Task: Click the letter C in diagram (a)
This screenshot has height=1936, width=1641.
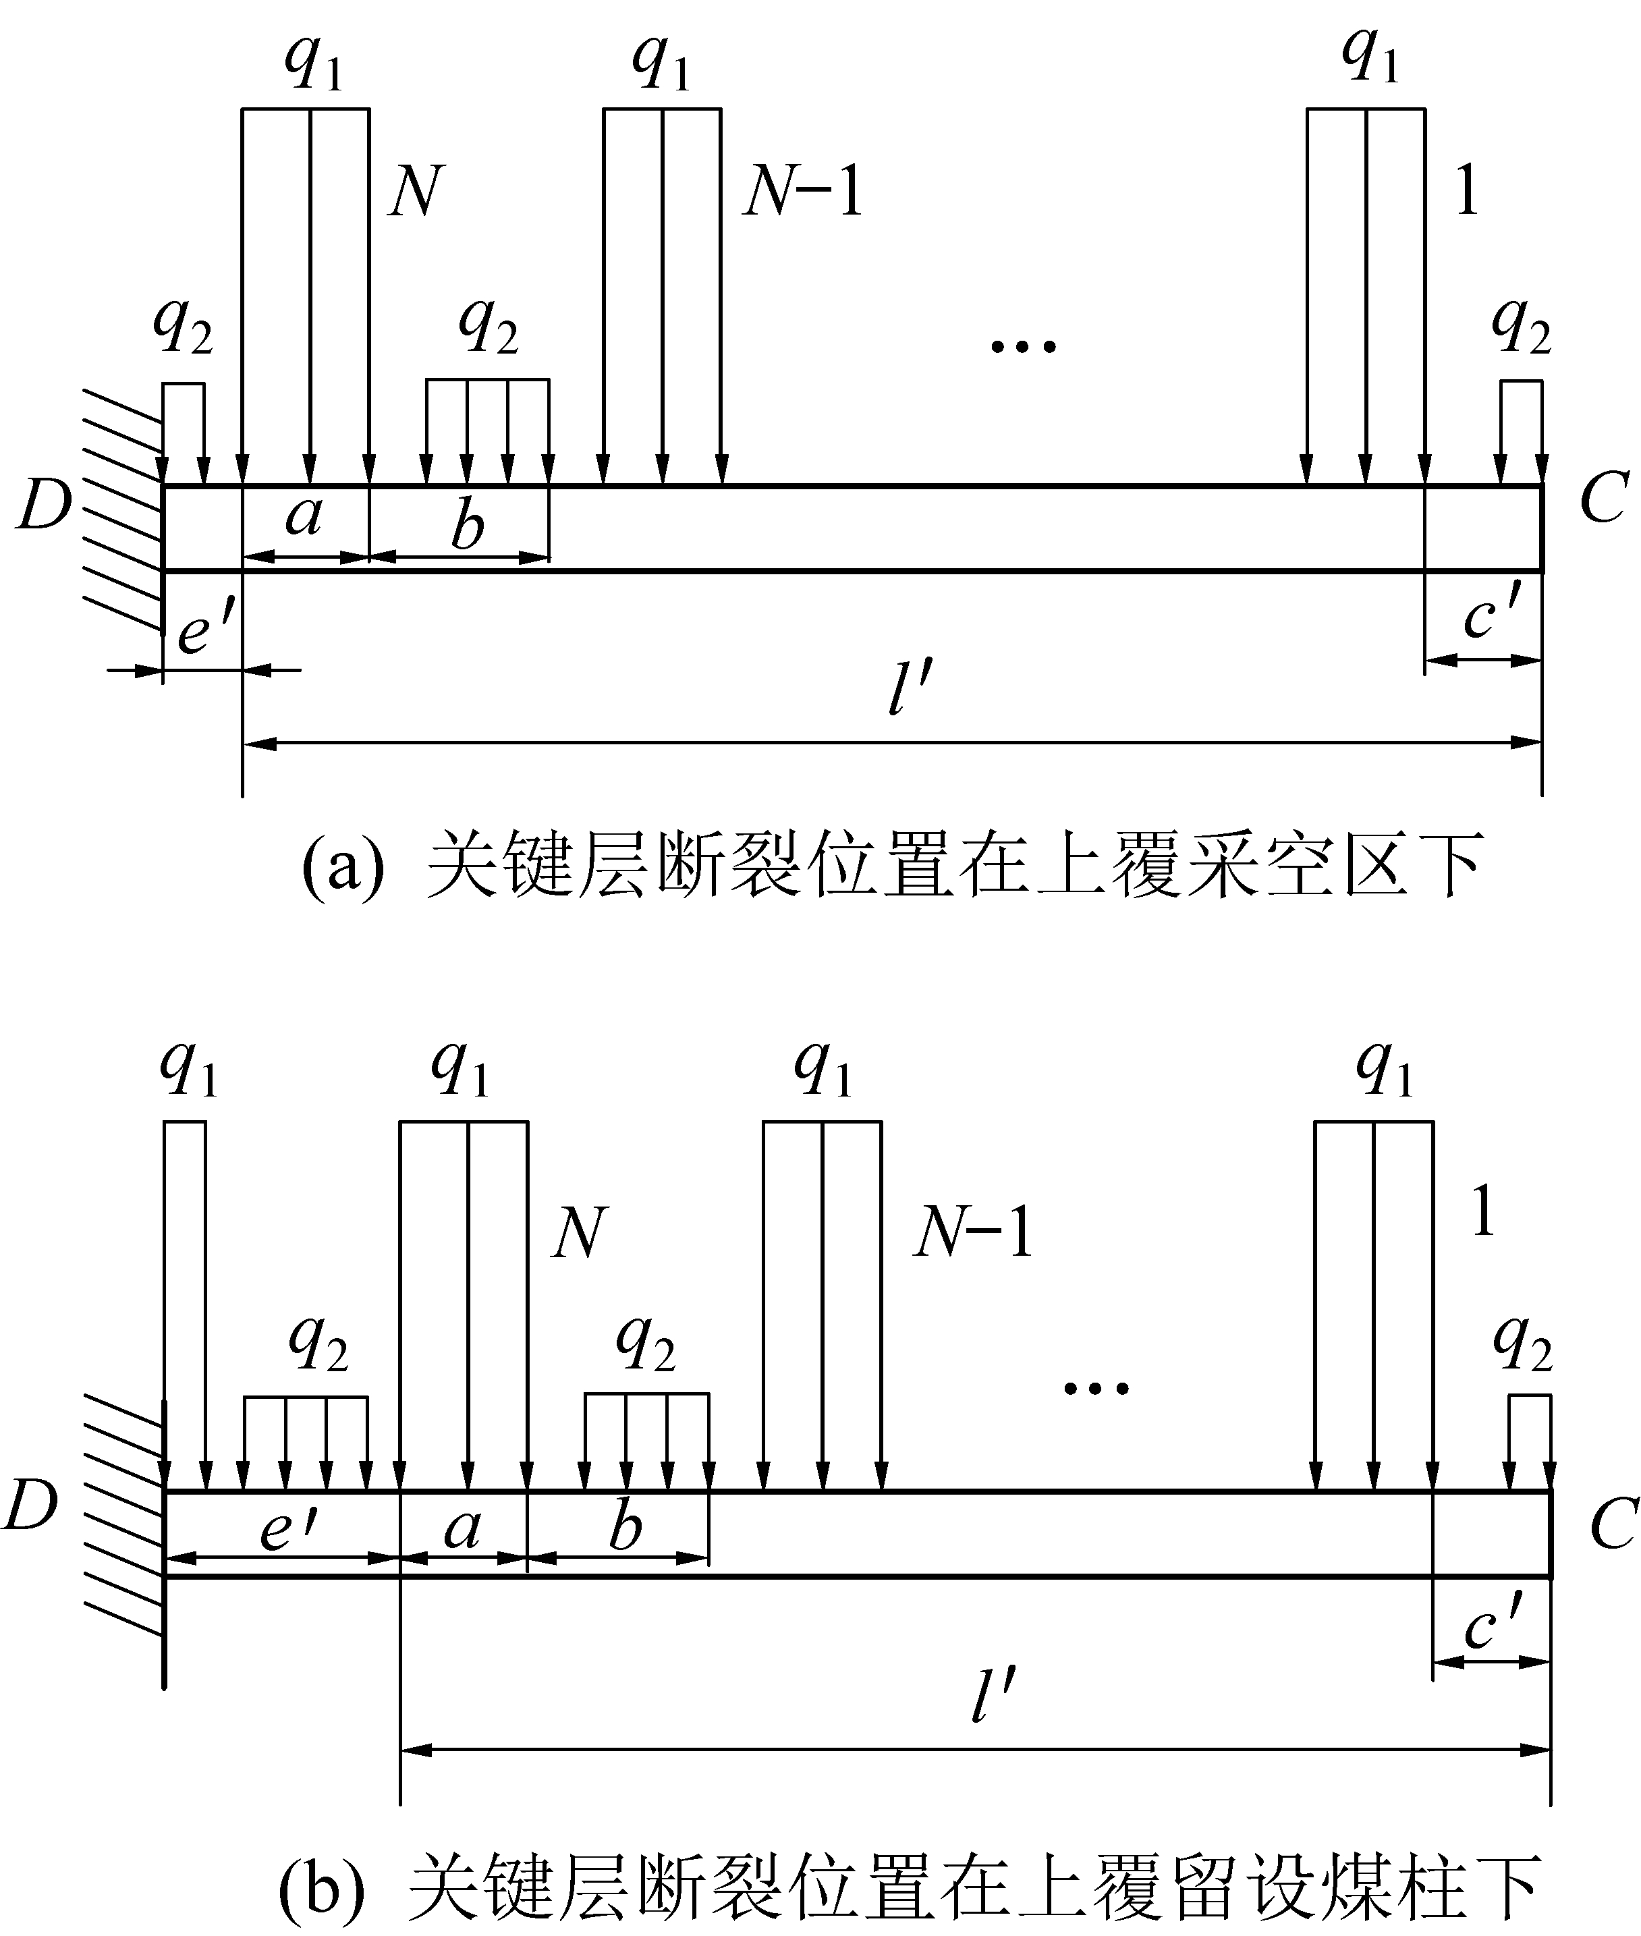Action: click(x=1603, y=499)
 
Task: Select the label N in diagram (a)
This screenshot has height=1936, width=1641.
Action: click(x=415, y=192)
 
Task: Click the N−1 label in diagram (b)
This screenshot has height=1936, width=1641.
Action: click(x=973, y=1234)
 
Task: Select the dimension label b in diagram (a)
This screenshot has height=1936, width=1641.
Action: click(x=467, y=525)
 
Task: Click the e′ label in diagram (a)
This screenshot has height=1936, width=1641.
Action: click(x=204, y=632)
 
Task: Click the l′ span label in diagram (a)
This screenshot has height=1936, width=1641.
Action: click(x=909, y=693)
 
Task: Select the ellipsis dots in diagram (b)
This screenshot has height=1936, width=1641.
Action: click(x=1096, y=1389)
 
